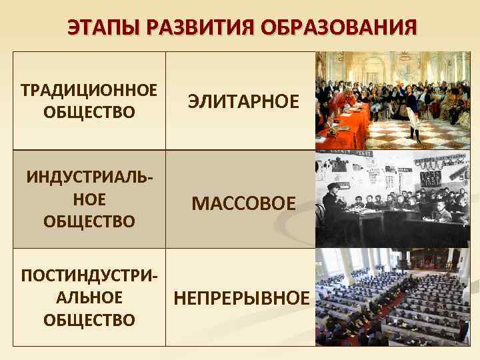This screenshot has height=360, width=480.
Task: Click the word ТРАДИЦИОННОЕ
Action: (x=89, y=89)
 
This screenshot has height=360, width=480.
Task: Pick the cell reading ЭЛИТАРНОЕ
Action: (x=243, y=101)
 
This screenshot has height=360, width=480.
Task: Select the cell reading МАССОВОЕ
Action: (x=243, y=203)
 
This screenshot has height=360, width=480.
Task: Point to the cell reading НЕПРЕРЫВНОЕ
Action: (x=241, y=297)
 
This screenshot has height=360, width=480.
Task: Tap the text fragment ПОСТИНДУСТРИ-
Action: (x=89, y=275)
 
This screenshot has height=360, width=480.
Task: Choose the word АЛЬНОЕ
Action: (x=89, y=297)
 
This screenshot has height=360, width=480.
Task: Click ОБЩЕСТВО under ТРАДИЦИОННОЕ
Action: (x=89, y=111)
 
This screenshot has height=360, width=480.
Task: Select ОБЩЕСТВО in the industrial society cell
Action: (x=89, y=221)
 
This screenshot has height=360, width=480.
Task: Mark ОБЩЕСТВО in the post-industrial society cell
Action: (x=89, y=319)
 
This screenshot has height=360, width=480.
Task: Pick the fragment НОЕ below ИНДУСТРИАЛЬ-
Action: (x=89, y=199)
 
